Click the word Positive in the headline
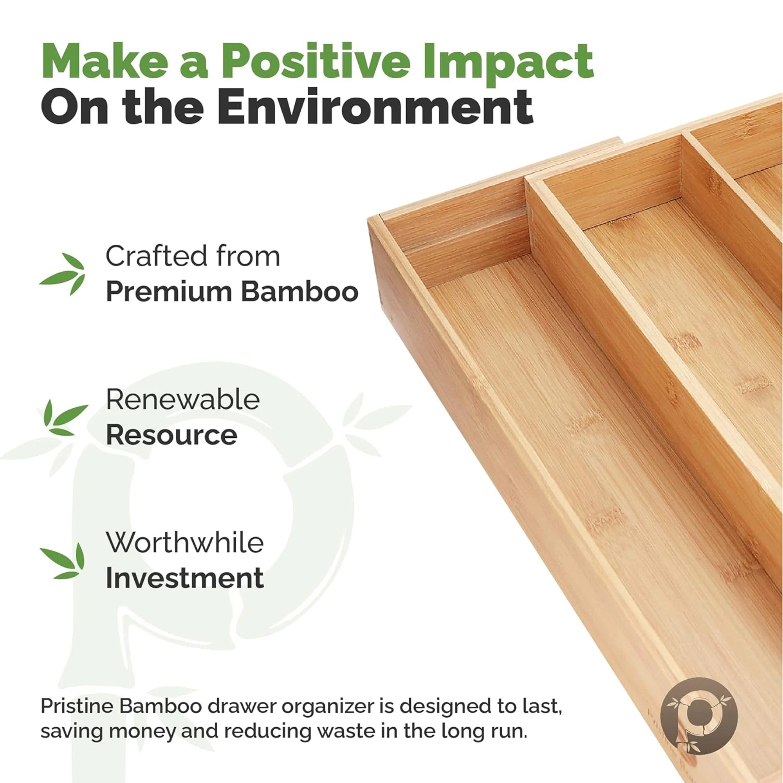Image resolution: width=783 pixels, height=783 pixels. [x=315, y=61]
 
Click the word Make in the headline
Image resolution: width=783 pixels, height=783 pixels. [x=105, y=61]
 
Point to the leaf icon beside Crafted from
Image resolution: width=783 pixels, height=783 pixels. [x=63, y=274]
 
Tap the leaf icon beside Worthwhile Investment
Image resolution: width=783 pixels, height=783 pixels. [x=63, y=561]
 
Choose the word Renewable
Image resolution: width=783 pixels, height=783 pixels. [x=183, y=400]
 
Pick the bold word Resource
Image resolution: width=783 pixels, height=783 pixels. [x=171, y=436]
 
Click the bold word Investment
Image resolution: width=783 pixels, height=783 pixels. [x=185, y=578]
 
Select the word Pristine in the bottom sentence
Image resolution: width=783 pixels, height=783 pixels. [x=78, y=706]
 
